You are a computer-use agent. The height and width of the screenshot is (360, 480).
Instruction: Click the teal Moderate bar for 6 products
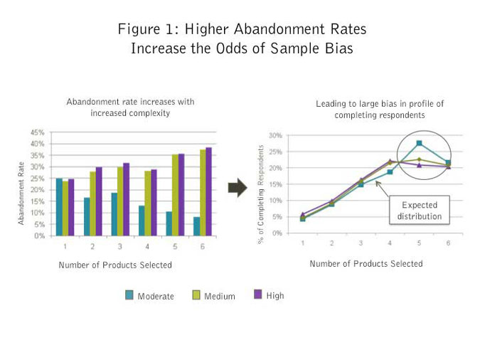coord(197,226)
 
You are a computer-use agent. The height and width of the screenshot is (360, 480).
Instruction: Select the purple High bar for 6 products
coord(209,191)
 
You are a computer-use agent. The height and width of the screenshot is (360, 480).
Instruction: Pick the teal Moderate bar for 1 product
coord(59,207)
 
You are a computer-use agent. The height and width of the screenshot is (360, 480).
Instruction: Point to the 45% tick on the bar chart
coord(38,132)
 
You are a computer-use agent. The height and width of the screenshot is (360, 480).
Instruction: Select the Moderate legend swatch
coord(129,295)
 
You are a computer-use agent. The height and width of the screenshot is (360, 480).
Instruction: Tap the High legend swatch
coord(258,295)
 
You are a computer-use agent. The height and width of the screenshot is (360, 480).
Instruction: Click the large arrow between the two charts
coord(237,187)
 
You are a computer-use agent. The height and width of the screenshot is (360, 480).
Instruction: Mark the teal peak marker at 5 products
coord(420,143)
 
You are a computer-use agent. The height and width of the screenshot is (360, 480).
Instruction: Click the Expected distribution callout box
coord(420,211)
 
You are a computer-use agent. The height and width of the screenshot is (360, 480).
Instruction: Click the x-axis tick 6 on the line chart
coord(448,243)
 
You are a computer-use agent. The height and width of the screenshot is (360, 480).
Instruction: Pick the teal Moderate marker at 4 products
coord(390,171)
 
